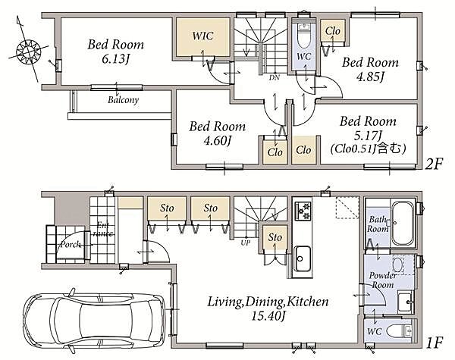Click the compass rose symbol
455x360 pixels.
click(x=28, y=52)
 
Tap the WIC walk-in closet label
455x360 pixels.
click(x=202, y=36)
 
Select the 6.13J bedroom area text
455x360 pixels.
click(x=115, y=59)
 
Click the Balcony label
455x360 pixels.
click(x=124, y=100)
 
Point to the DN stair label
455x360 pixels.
click(x=275, y=77)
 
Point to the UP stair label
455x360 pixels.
click(x=246, y=243)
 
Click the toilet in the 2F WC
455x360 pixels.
click(x=304, y=36)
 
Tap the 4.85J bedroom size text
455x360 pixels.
click(x=370, y=77)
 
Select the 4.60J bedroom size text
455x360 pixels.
click(x=218, y=141)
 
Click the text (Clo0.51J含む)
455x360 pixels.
click(x=369, y=149)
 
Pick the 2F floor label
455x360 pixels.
click(x=434, y=164)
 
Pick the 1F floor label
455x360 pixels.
click(x=435, y=343)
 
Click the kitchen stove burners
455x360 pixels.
click(x=303, y=211)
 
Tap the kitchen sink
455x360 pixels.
click(x=303, y=258)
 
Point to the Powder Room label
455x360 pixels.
click(x=383, y=280)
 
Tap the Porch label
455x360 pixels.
click(x=71, y=244)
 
